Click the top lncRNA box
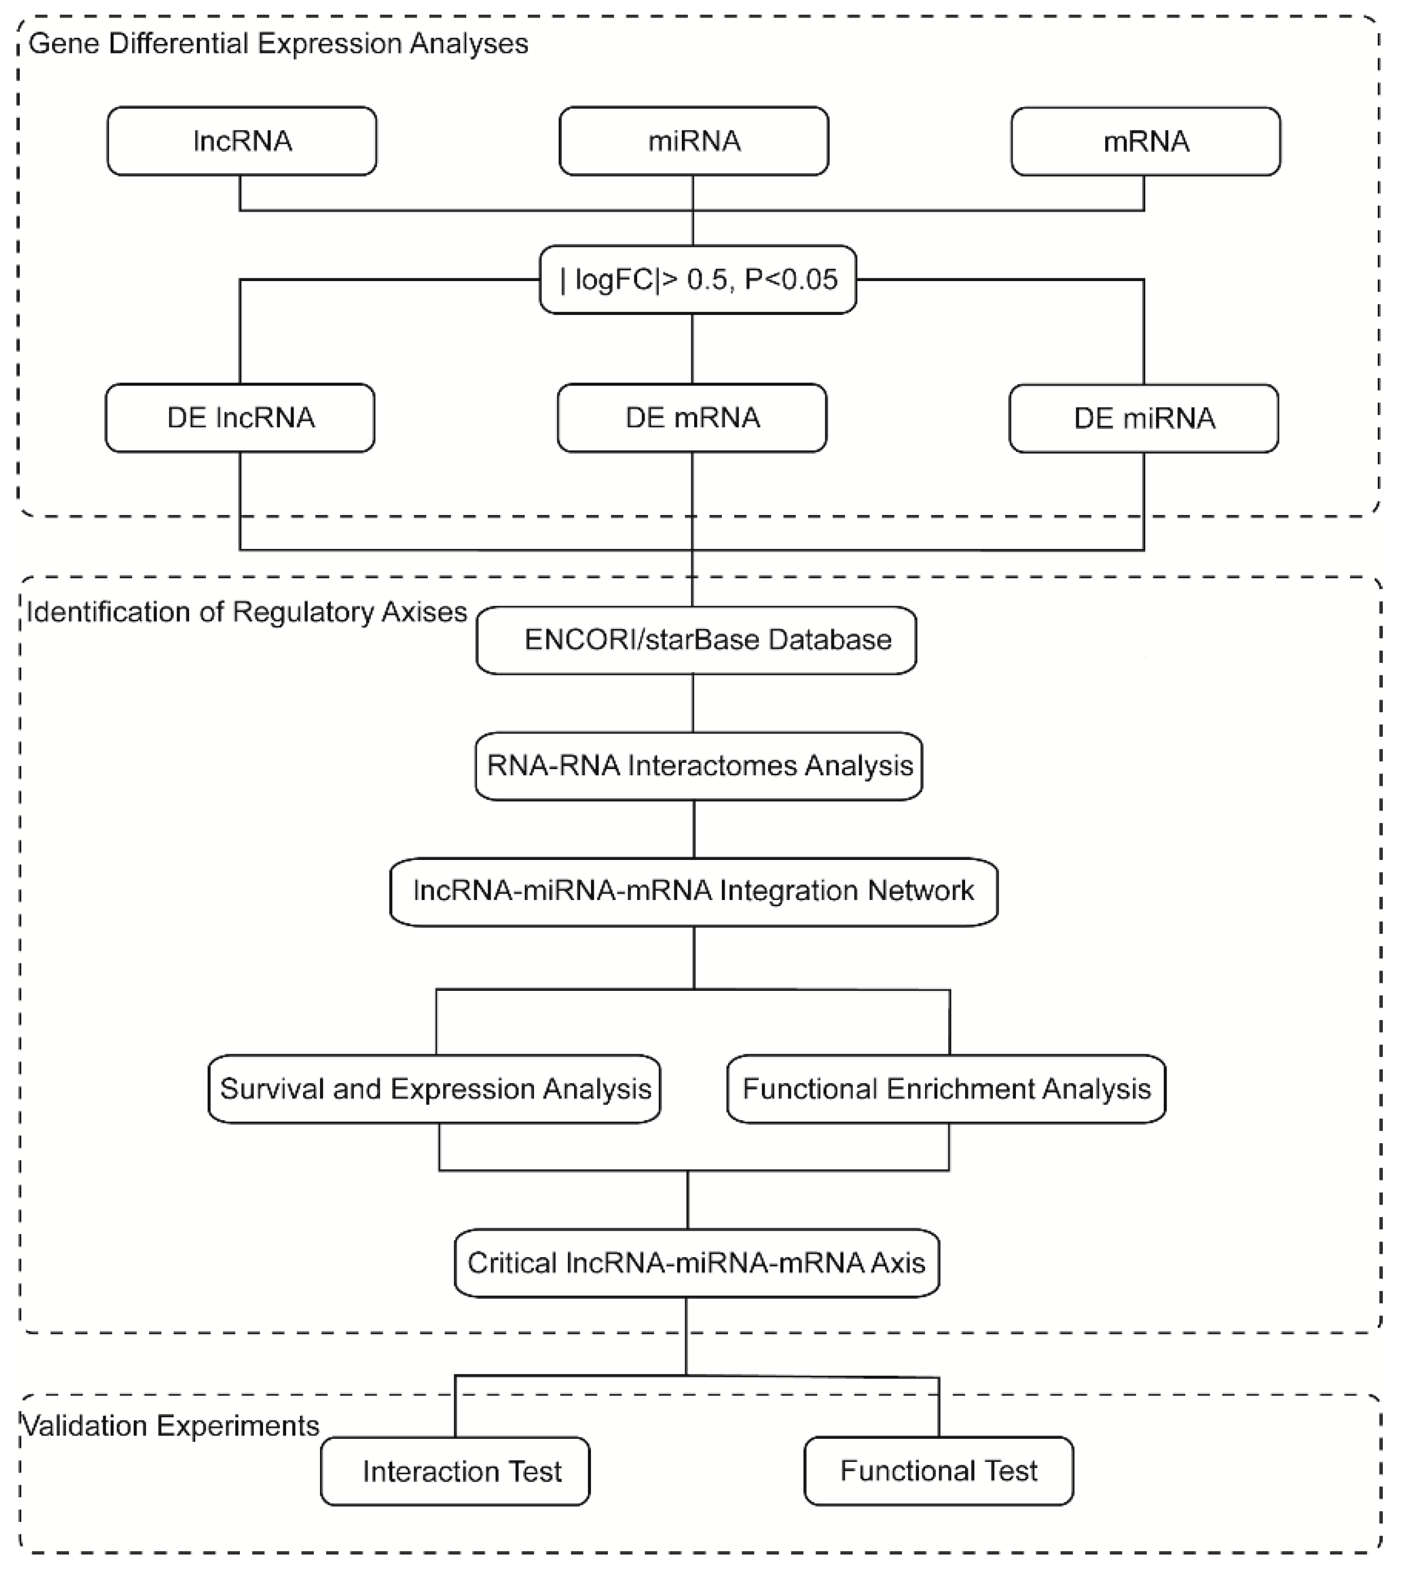(242, 141)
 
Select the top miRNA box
(693, 141)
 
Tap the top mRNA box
(1146, 141)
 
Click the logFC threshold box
(697, 280)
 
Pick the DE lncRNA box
(240, 418)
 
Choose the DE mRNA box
(692, 418)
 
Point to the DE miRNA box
(1144, 418)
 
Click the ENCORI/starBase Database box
(696, 640)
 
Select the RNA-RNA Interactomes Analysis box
(699, 766)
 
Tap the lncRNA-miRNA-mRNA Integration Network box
(693, 891)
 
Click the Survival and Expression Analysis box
(435, 1089)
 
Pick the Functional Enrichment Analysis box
(946, 1089)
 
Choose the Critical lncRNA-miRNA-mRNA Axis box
(696, 1263)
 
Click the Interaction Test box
(455, 1471)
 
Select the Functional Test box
(938, 1470)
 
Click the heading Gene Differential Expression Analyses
(278, 44)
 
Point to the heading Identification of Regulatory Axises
(247, 612)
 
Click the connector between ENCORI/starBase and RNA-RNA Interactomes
(693, 703)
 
